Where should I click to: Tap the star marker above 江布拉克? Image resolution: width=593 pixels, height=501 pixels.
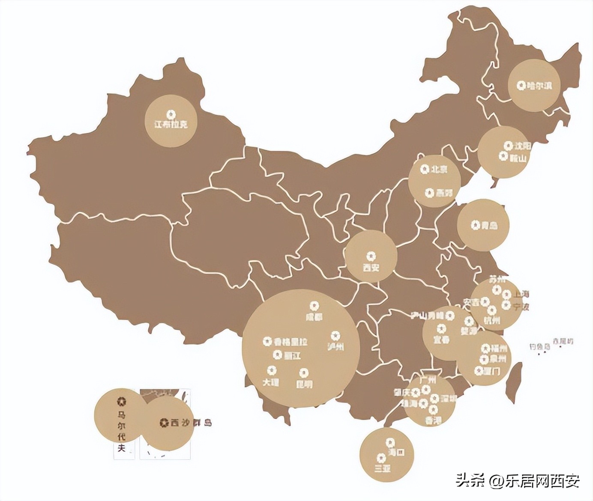[x=171, y=114]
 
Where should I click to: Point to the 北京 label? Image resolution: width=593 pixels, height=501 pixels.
[x=439, y=170]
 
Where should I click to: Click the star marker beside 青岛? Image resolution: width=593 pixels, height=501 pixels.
[x=475, y=225]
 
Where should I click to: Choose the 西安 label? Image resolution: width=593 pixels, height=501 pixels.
[x=371, y=268]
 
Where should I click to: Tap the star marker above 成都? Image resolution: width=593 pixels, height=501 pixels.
[x=314, y=306]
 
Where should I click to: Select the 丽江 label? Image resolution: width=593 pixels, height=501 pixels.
[x=293, y=355]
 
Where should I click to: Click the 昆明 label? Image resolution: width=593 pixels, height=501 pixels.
[x=304, y=384]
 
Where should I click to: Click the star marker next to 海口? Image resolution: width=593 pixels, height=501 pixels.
[x=390, y=442]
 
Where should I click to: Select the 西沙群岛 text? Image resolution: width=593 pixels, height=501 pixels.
[x=191, y=423]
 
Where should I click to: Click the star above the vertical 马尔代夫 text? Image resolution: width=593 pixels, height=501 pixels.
[x=121, y=402]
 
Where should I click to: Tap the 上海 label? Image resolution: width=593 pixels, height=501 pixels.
[x=521, y=295]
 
